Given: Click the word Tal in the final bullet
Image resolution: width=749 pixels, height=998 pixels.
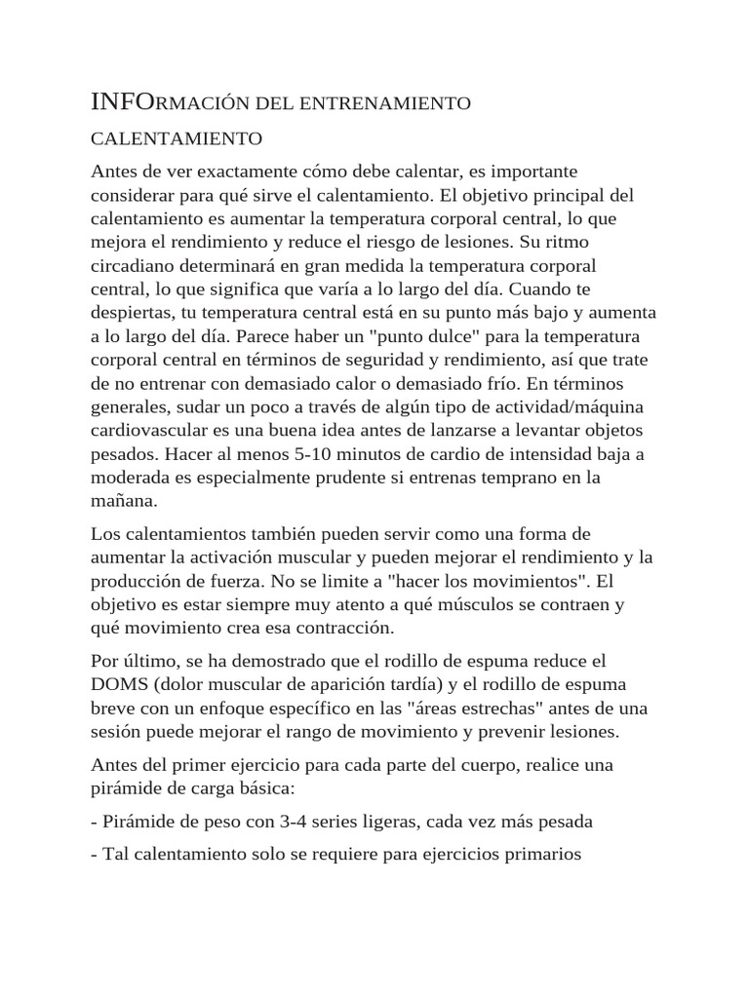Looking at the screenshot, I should pos(115,855).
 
